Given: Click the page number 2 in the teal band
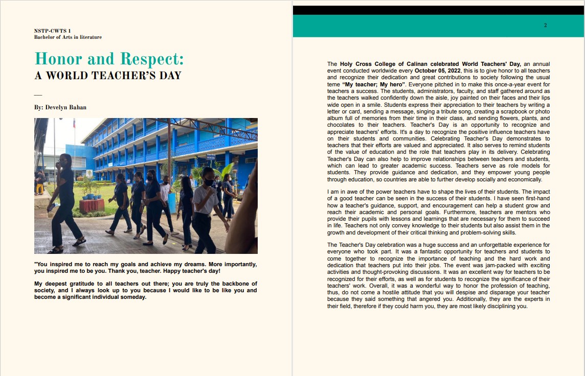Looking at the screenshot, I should [545, 26].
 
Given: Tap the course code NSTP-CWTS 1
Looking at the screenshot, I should [52, 31].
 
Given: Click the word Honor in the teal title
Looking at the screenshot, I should [57, 59].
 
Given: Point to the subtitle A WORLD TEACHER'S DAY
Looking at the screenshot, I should [107, 76].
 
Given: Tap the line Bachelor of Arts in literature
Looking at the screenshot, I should [67, 37].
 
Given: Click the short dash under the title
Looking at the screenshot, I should [37, 95].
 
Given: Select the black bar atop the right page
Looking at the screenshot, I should [438, 10].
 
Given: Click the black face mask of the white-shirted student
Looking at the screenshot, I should [209, 182].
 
